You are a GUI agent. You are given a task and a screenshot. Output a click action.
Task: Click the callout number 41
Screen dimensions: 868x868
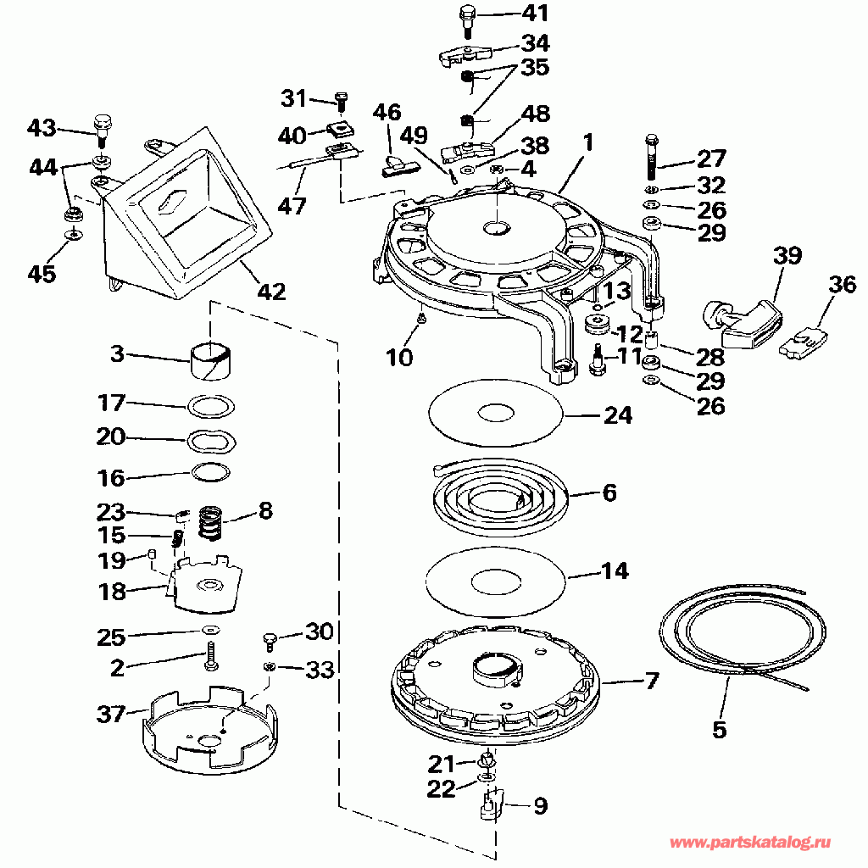click(536, 13)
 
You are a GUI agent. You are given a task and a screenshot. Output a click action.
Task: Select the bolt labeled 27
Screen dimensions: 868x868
click(652, 157)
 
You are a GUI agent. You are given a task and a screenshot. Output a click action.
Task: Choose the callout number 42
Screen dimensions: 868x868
click(272, 292)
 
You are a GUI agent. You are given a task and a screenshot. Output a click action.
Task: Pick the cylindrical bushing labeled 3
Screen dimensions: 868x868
click(211, 361)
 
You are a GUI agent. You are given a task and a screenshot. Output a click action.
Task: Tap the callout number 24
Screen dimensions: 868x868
click(618, 415)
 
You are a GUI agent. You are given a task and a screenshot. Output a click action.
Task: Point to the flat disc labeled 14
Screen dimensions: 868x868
click(496, 581)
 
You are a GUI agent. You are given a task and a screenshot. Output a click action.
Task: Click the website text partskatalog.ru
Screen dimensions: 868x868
click(750, 842)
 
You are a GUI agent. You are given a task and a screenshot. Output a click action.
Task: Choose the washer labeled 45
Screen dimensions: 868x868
click(73, 236)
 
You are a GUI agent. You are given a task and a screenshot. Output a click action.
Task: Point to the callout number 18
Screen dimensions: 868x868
click(112, 591)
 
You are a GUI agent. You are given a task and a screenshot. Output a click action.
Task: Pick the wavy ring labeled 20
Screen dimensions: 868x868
click(211, 441)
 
